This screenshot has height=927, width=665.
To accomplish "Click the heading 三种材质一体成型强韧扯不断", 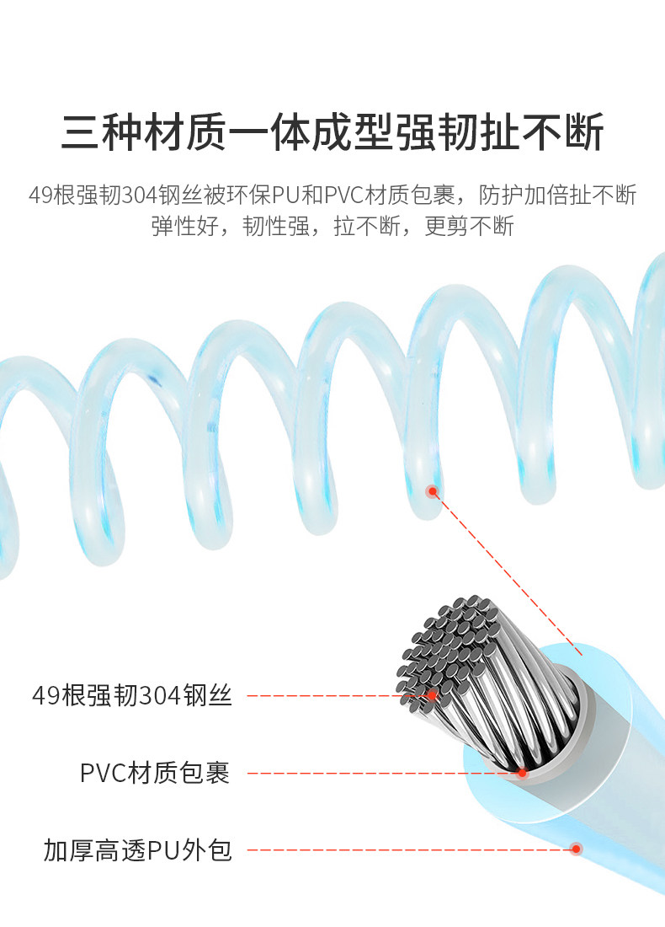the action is click(332, 133).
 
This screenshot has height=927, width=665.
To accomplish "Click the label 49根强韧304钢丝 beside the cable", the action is click(131, 696).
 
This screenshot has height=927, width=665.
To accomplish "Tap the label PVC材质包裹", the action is click(155, 773).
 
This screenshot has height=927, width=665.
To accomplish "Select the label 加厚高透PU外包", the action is click(138, 850).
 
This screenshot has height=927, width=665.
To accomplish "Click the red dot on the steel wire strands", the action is click(431, 696).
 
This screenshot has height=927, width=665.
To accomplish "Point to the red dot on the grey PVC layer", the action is click(522, 773).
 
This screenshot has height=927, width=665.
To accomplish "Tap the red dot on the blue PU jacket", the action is click(577, 849).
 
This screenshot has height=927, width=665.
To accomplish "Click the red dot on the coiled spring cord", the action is click(433, 491).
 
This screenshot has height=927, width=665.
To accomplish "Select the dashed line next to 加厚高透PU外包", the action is click(404, 849).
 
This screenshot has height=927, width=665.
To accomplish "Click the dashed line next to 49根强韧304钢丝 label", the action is click(328, 696).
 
